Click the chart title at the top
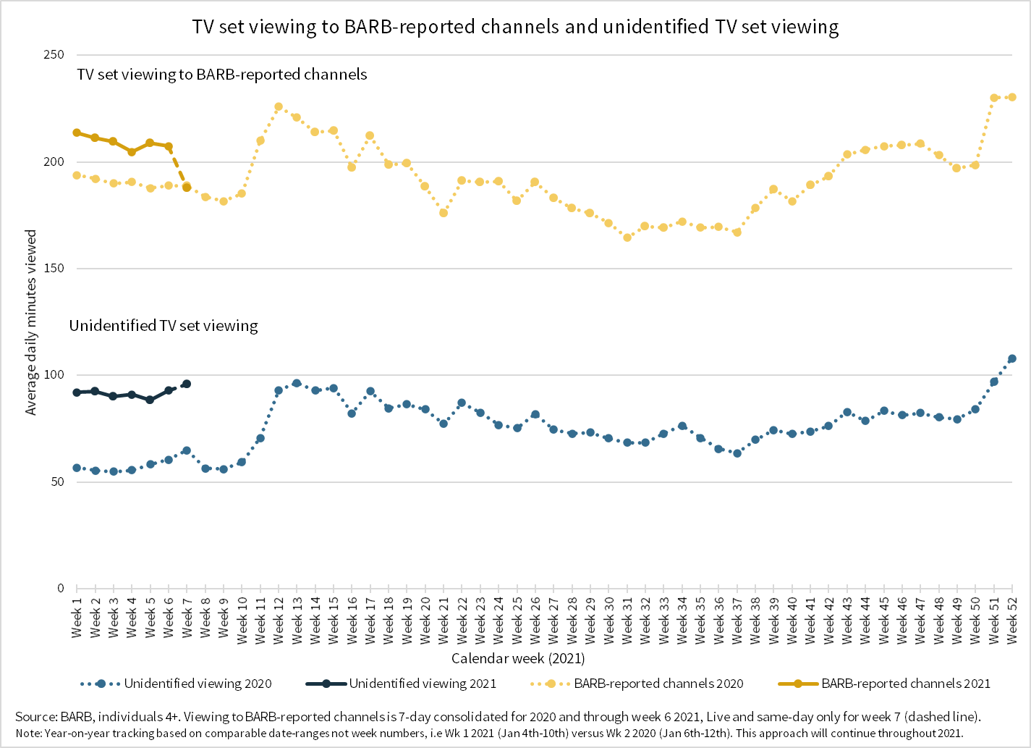coord(515,27)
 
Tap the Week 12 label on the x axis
coord(279,620)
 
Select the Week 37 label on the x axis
coord(737,620)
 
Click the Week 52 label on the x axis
coord(1012,620)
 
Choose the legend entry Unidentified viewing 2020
coord(198,684)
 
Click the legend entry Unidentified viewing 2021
coord(423,684)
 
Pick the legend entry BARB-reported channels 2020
coord(658,684)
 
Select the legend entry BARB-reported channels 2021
coord(905,684)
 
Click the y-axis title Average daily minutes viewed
coord(31,323)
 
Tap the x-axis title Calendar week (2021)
coord(518,658)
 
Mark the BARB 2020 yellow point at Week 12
coord(279,106)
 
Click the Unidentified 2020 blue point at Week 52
coord(1012,358)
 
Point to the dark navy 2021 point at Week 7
coord(187,384)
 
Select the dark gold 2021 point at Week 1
coord(77,133)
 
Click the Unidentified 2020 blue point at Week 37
coord(737,453)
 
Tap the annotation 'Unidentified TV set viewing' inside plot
coord(164,326)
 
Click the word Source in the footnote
coord(35,717)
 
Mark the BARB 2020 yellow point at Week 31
coord(627,238)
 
